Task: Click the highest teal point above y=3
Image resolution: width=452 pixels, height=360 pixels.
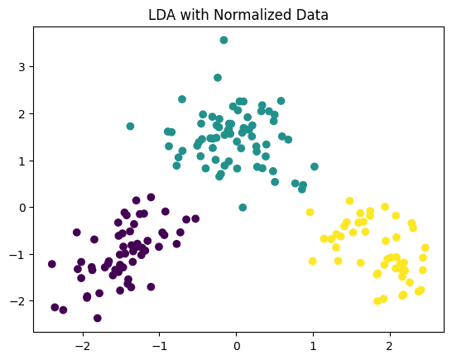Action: pyautogui.click(x=224, y=40)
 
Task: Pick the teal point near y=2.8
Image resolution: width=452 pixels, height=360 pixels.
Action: pyautogui.click(x=218, y=78)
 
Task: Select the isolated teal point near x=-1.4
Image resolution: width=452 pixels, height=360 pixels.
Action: pyautogui.click(x=130, y=126)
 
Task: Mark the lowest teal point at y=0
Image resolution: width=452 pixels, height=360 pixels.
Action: pyautogui.click(x=243, y=208)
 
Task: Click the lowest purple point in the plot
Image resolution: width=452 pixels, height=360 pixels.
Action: pyautogui.click(x=98, y=318)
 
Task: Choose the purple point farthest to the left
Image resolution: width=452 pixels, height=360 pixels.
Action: pyautogui.click(x=52, y=264)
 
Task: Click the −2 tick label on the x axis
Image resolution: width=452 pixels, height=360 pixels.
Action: pyautogui.click(x=82, y=344)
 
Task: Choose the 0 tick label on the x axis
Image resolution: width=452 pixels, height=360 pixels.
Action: pyautogui.click(x=236, y=344)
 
